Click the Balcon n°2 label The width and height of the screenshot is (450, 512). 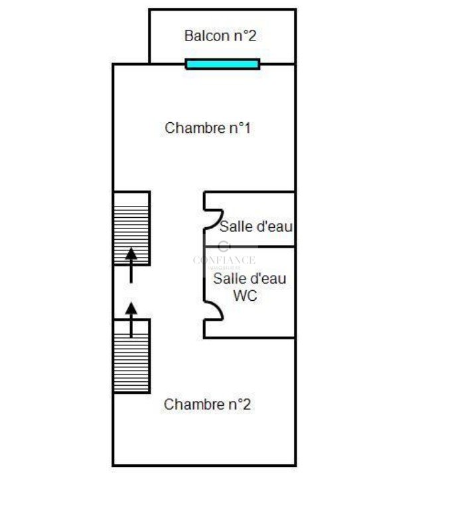pos(220,36)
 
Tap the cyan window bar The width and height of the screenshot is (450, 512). pos(222,64)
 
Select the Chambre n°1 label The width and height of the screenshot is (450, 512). pos(208,128)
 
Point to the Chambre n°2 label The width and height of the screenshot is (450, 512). pos(207,404)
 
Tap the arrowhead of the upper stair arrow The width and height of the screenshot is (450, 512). pos(131,253)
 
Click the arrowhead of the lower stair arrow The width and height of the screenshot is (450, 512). pos(131,308)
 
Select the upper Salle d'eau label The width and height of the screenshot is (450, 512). pos(257,226)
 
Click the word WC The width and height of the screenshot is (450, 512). pos(245,296)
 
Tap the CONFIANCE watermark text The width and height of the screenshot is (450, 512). pos(224,260)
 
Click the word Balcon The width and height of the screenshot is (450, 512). pos(204,36)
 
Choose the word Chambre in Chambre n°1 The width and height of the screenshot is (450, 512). pos(195,128)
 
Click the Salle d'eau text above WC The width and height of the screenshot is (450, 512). pos(250,279)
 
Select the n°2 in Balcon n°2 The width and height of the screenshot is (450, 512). pos(244,36)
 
